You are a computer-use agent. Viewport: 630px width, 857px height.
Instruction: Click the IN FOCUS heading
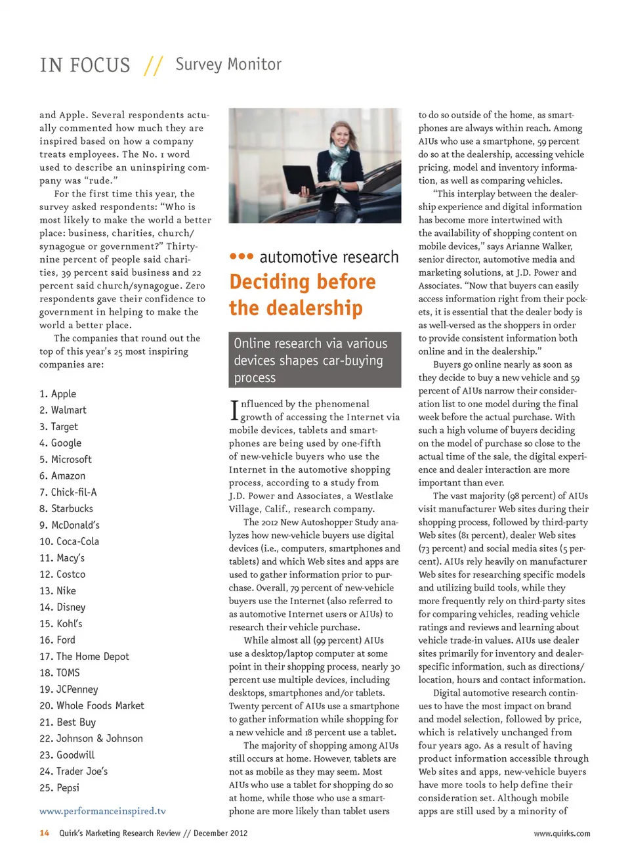[x=85, y=65]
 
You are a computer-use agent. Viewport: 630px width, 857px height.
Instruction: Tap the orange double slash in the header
[x=153, y=65]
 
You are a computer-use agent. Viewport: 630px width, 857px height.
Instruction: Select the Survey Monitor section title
[x=228, y=64]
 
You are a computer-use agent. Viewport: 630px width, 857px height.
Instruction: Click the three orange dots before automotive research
[x=241, y=256]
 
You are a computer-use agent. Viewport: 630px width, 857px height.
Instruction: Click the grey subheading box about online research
[x=314, y=360]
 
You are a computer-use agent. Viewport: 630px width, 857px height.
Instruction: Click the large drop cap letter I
[x=234, y=411]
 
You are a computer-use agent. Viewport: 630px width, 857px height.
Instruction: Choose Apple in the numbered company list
[x=63, y=394]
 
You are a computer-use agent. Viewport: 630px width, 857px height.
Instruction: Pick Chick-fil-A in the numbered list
[x=73, y=493]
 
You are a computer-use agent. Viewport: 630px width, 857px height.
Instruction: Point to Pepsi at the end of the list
[x=68, y=788]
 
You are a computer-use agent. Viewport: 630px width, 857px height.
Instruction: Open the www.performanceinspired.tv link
[x=102, y=811]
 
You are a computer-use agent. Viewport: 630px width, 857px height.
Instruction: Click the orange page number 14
[x=44, y=833]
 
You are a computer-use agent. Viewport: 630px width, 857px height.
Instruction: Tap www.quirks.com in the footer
[x=561, y=833]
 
